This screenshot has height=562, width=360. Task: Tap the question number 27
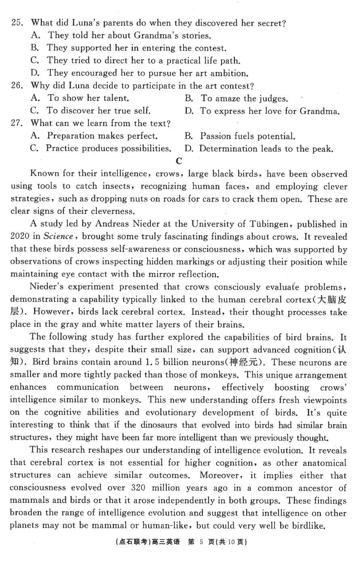[17, 123]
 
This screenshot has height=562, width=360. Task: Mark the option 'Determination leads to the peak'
[265, 148]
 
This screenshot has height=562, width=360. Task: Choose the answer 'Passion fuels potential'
[247, 136]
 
